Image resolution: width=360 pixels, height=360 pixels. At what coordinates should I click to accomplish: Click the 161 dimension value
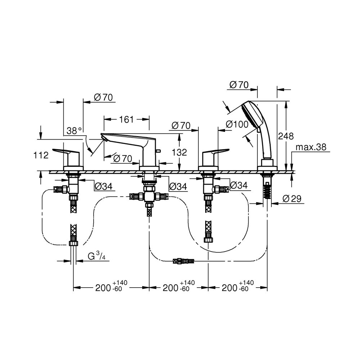(126, 120)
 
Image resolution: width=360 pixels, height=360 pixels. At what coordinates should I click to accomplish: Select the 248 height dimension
(285, 136)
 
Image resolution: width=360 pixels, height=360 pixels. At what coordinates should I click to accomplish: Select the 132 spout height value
(179, 152)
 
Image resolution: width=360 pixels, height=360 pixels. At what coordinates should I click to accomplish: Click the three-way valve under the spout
(149, 197)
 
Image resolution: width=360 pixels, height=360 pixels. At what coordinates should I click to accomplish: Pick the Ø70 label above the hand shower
(239, 85)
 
